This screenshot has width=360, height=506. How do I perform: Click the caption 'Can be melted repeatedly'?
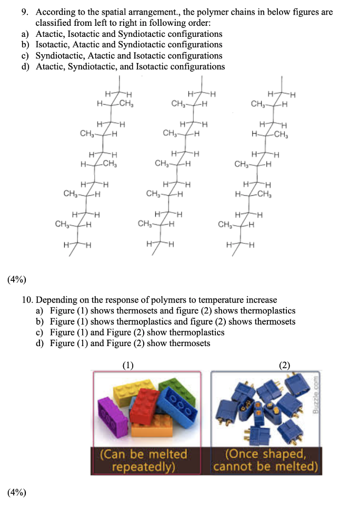tap(144, 459)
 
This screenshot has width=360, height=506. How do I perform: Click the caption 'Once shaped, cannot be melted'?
tap(265, 459)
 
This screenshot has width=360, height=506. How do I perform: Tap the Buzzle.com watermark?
tap(316, 394)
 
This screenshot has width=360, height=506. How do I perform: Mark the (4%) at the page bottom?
tap(16, 492)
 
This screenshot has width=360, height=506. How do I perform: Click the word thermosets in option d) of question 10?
tap(189, 343)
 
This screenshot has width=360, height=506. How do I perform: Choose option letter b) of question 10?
tap(39, 321)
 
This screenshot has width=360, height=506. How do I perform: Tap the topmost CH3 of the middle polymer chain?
tap(179, 104)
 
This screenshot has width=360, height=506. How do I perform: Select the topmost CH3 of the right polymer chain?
tap(259, 104)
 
